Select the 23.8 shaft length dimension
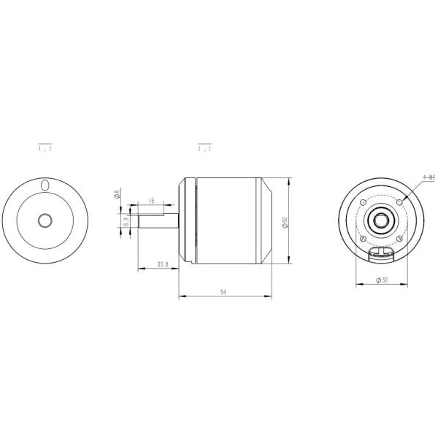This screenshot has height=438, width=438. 162,264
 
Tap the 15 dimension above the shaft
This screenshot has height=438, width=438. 150,201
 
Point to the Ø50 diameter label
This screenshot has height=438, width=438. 284,220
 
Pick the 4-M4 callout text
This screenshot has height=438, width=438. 428,176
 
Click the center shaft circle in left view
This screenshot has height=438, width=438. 45,220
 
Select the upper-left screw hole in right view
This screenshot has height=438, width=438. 363,201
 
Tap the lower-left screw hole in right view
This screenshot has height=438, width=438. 363,238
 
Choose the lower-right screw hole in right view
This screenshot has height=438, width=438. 400,238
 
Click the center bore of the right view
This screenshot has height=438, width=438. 381,219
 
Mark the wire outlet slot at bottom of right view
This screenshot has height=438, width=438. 381,253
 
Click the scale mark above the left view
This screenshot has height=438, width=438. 45,148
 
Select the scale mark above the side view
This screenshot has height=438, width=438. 205,148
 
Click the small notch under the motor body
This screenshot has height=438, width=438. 191,264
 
